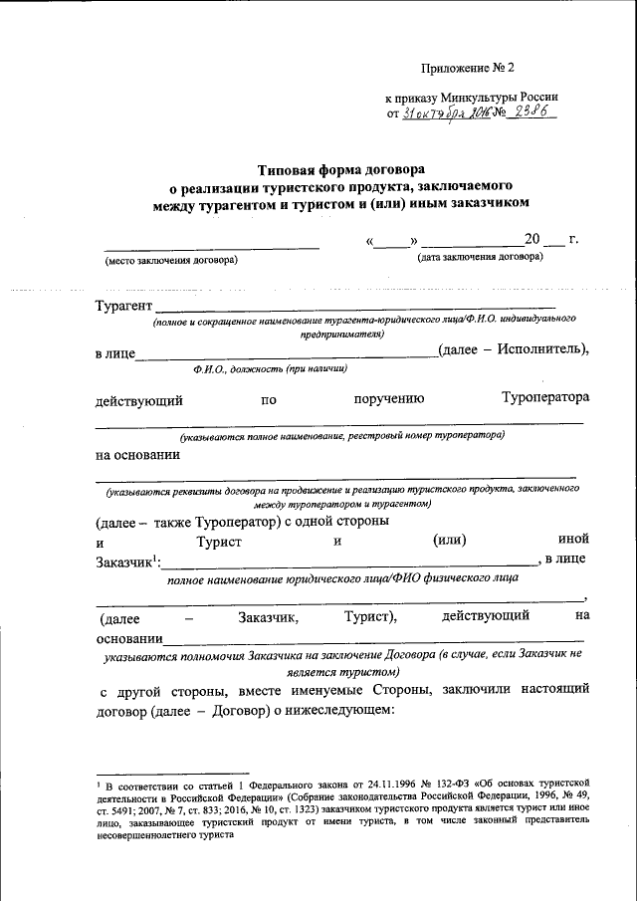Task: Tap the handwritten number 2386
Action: point(531,113)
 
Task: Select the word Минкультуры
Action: point(473,98)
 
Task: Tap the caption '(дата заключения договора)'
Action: point(479,257)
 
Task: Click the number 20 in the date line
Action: point(532,240)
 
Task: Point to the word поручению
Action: point(389,398)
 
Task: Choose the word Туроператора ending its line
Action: point(545,398)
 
